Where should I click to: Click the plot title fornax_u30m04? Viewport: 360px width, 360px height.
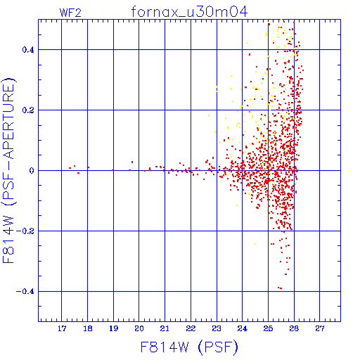click(x=189, y=12)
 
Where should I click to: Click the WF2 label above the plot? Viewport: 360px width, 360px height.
click(x=70, y=13)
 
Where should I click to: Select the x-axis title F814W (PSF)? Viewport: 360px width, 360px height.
click(x=189, y=347)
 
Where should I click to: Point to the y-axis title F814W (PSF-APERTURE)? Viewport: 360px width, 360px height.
click(x=9, y=170)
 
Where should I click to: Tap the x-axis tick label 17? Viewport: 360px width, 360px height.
click(x=62, y=328)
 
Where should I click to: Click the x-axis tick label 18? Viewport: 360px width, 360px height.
click(x=88, y=328)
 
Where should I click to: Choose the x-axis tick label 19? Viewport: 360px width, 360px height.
click(x=113, y=328)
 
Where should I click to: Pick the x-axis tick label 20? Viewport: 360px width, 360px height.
click(x=139, y=328)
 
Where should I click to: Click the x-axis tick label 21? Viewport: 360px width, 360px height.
click(x=165, y=328)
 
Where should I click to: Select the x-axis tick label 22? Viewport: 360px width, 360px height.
click(x=191, y=328)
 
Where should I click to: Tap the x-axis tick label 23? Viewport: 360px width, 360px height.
click(x=217, y=328)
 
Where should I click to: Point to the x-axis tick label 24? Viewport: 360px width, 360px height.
click(x=243, y=328)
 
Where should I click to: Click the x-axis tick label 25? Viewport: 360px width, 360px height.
click(x=268, y=328)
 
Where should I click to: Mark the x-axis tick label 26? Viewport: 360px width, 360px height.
click(x=294, y=328)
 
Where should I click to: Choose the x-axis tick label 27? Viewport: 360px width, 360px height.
click(x=320, y=328)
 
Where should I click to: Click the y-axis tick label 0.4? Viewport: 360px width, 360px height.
click(x=28, y=50)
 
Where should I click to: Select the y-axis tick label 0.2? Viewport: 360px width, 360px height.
click(x=28, y=110)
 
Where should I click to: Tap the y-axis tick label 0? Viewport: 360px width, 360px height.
click(x=32, y=171)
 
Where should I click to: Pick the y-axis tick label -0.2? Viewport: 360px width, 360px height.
click(x=25, y=231)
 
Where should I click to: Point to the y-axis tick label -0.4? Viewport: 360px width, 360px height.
click(x=25, y=292)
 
